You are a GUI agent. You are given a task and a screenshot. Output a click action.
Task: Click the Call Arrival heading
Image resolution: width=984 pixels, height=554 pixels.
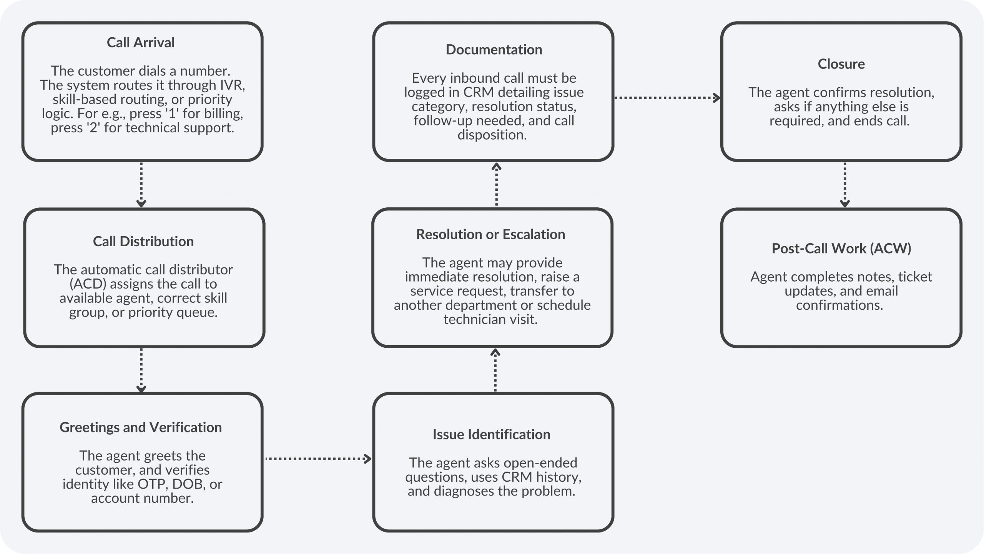141,42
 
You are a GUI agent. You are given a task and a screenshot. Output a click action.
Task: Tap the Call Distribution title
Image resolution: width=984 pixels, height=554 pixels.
143,241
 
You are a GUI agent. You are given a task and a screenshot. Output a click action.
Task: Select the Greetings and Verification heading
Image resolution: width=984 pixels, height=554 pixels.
141,427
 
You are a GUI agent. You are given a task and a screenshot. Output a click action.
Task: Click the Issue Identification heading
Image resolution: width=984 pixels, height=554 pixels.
492,434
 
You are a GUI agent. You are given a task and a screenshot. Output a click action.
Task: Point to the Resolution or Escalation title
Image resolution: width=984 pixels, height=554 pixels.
490,234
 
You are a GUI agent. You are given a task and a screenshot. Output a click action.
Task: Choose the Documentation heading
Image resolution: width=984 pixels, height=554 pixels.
494,49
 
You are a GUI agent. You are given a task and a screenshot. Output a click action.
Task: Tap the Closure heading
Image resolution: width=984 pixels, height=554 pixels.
841,63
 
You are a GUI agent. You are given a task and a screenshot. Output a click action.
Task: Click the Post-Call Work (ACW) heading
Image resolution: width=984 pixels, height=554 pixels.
841,248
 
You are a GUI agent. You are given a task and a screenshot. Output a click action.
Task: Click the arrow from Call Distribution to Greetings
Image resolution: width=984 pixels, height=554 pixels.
141,370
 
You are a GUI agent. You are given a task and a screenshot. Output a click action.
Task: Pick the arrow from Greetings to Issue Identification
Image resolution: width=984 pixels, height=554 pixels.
318,459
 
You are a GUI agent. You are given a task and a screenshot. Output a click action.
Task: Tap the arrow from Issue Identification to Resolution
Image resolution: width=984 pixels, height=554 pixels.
495,370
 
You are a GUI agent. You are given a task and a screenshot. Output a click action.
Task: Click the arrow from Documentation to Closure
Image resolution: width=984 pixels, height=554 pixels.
667,98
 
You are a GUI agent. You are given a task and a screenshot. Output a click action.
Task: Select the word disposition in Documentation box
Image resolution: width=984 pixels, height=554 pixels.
492,135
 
